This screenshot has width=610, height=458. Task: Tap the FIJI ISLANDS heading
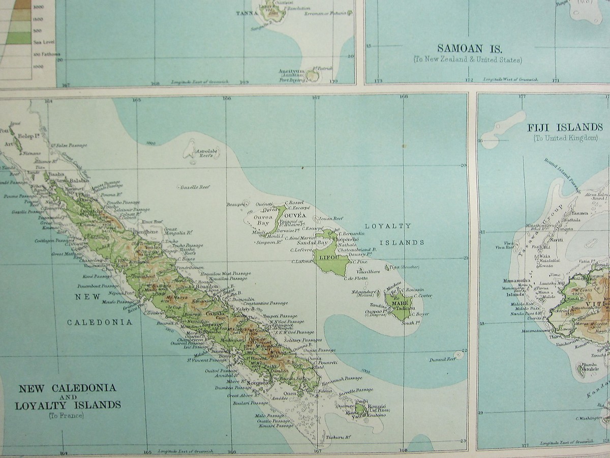tap(564, 127)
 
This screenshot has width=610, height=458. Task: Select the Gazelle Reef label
tap(195, 187)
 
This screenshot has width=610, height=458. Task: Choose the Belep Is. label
tap(30, 136)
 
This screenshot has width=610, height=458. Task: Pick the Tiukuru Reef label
tap(339, 437)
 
